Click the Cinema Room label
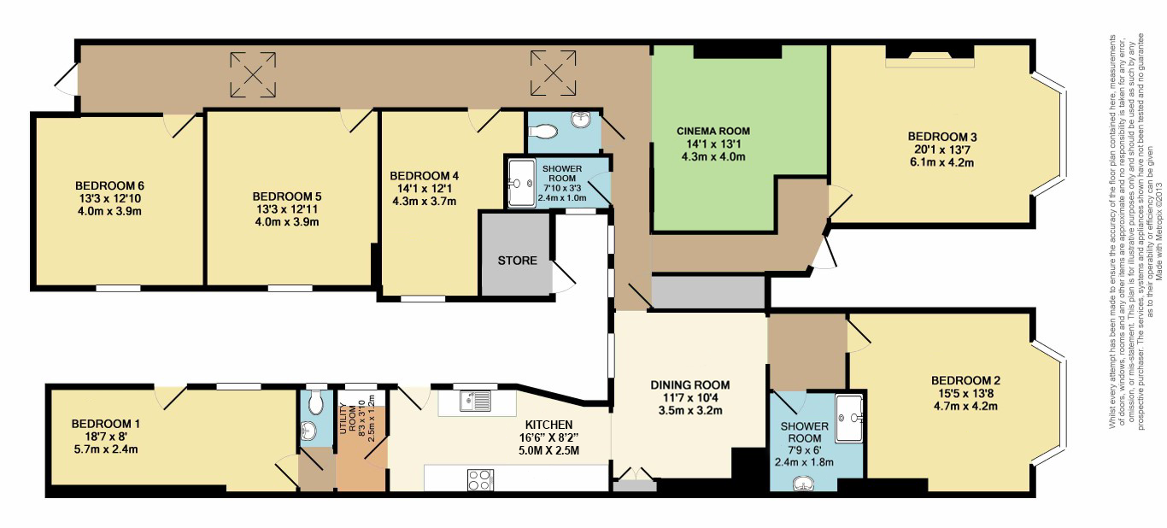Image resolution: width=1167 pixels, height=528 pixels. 713,131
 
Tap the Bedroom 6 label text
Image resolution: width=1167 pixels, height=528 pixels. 109,185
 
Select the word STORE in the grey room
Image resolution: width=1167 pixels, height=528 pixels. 517,261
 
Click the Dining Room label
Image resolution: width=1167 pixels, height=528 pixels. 689,385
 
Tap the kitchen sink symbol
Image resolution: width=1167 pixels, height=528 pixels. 476,402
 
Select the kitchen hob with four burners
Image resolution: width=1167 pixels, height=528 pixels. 480,479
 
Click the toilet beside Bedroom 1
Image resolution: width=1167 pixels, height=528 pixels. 316,402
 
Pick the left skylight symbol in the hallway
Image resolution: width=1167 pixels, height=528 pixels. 253,74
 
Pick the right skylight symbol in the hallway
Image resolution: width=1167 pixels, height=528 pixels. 554,73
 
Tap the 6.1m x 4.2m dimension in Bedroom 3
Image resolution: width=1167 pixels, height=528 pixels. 941,162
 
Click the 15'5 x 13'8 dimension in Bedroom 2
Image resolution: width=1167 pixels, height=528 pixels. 965,394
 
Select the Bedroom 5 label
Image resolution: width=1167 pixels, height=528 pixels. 286,197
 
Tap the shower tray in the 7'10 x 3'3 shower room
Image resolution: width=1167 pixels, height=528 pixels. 522,183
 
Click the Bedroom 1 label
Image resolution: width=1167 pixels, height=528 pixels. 105,424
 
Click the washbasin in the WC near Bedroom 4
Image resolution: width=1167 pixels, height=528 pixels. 581,120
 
